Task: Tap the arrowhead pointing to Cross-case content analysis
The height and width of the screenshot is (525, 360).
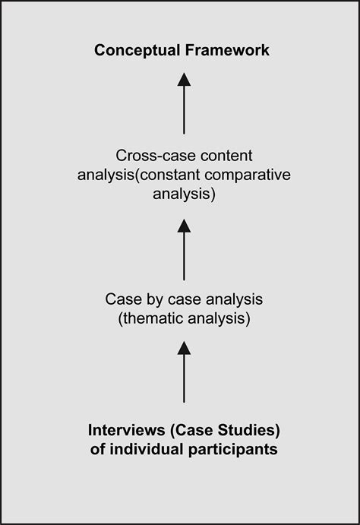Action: (184, 225)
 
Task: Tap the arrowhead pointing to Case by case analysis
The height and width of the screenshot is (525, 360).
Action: (184, 348)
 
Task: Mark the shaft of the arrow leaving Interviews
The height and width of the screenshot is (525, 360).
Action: (184, 380)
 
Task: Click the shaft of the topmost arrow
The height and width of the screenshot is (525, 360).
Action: (184, 109)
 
